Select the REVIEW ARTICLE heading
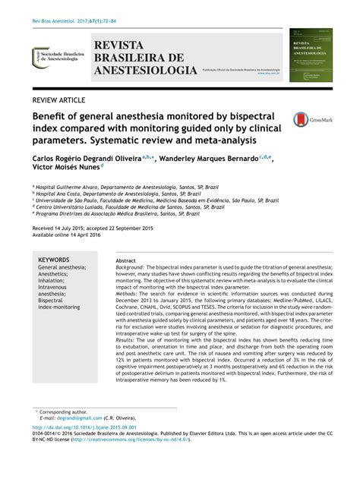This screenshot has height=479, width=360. [64, 100]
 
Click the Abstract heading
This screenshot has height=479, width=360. [125, 260]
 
